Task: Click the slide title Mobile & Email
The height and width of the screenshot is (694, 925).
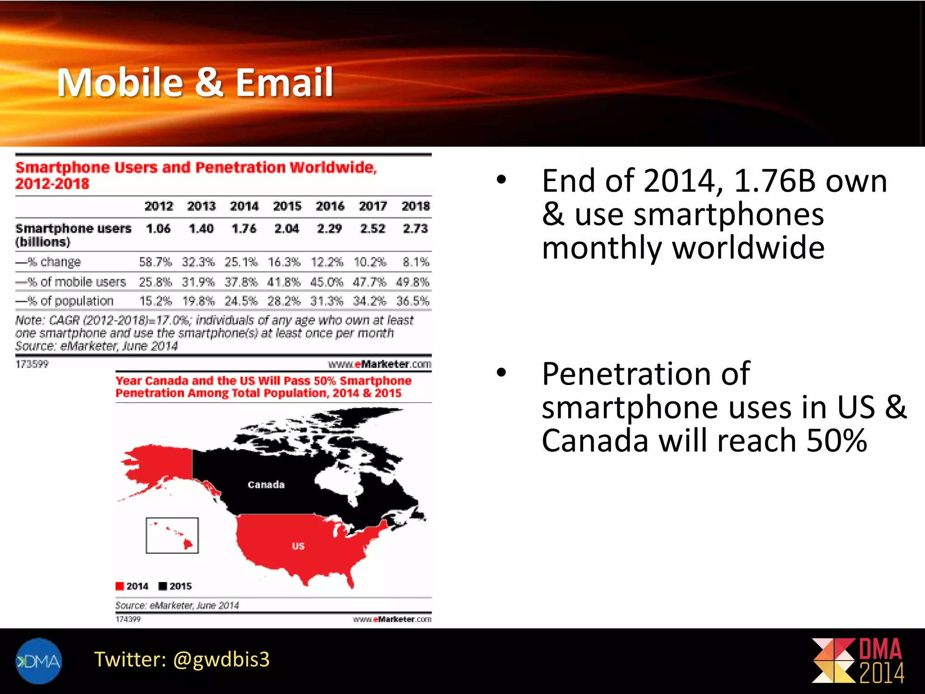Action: pos(195,82)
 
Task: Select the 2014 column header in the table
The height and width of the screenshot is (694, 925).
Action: pos(244,206)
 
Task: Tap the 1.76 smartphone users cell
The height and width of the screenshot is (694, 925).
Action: pos(244,229)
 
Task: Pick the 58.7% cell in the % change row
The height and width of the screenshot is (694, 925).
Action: pos(155,262)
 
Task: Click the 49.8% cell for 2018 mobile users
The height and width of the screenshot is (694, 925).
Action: pos(412,282)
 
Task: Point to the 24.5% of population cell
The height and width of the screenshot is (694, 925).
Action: pos(241,301)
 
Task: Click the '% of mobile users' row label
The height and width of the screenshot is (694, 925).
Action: pos(71,282)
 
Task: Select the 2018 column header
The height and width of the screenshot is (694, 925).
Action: pos(416,206)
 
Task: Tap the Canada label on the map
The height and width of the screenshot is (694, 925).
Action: pos(266,485)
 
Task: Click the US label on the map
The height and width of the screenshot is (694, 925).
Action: pos(298,546)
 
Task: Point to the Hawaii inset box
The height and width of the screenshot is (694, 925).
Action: pos(172,535)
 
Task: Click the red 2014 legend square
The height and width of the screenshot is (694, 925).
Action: pos(120,586)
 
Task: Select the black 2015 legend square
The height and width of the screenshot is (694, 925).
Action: pos(163,586)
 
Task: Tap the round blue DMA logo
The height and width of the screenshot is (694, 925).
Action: pos(38,661)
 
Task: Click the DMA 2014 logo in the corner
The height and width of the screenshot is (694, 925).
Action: pos(858,661)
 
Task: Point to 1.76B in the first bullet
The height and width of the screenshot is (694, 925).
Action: pos(774,181)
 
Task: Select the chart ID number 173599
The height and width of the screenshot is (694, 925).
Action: pos(32,364)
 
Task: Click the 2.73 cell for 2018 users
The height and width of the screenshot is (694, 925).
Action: pos(415,229)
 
